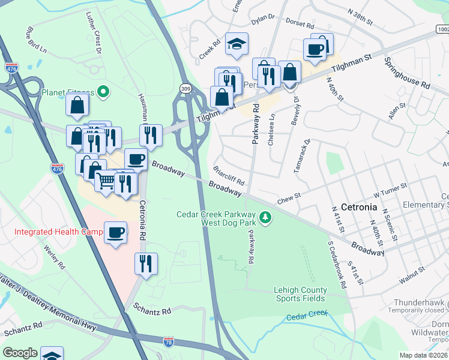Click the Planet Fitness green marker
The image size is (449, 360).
point(103,92)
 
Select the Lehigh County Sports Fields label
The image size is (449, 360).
point(300,294)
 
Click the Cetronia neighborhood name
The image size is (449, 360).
point(358,207)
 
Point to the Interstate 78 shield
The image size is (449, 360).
point(170,341)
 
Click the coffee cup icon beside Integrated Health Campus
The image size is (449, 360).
point(115,232)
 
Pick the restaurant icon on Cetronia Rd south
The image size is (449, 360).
point(146,262)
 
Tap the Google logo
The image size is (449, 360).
point(20,353)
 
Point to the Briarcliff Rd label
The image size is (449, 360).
point(229,176)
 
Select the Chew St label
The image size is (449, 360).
point(288,198)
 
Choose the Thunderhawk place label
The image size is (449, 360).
point(421,303)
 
